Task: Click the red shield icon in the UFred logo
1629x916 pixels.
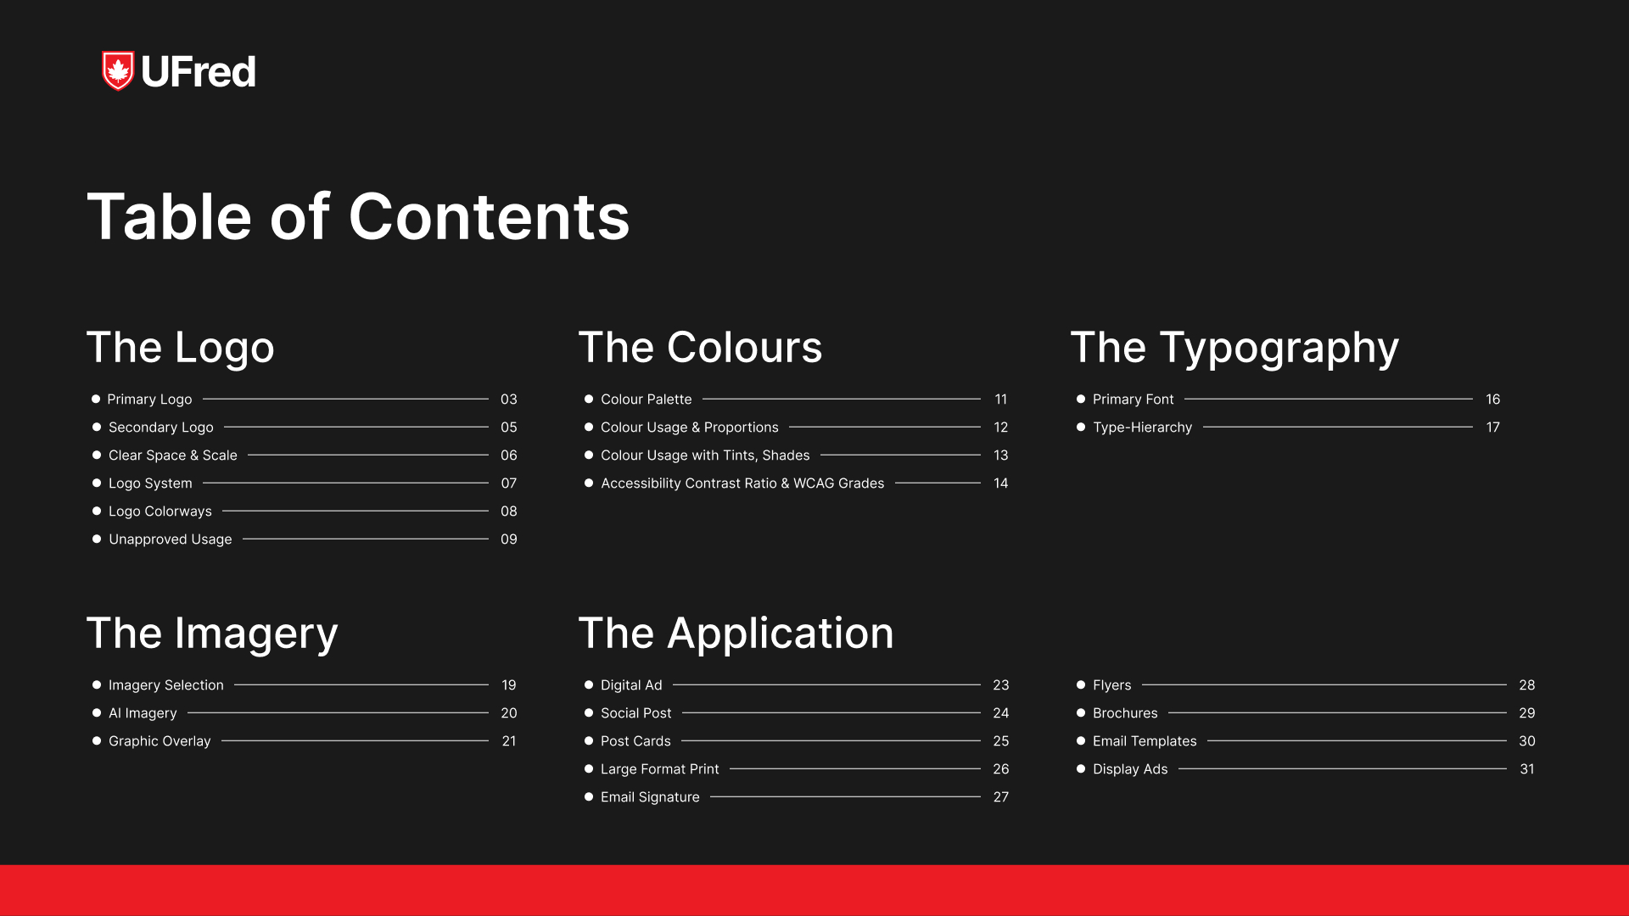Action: pos(118,70)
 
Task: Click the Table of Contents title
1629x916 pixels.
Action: pos(358,216)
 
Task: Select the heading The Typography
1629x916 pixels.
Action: pos(1234,349)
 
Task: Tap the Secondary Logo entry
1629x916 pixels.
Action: pos(161,427)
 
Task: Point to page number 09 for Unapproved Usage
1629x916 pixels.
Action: pos(509,539)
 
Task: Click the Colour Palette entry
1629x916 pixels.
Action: pos(647,399)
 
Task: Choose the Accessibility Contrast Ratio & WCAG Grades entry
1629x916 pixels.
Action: pos(742,483)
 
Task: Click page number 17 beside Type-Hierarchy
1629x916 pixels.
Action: pos(1493,427)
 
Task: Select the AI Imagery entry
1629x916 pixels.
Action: pos(143,713)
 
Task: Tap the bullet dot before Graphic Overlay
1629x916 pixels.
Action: pos(97,741)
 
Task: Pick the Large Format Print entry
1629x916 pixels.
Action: pos(660,769)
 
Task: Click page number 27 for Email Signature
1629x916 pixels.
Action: pos(1001,797)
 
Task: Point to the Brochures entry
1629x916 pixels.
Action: pos(1125,713)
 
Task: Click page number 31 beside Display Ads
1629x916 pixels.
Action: pos(1527,769)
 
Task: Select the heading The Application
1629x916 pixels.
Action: pos(736,634)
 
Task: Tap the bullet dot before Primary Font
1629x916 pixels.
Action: pos(1081,399)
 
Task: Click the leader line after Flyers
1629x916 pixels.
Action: pos(1324,684)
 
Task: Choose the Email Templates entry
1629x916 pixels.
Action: pos(1145,741)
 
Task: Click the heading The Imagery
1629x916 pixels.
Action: pos(212,634)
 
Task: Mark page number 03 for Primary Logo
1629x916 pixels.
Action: pos(509,399)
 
